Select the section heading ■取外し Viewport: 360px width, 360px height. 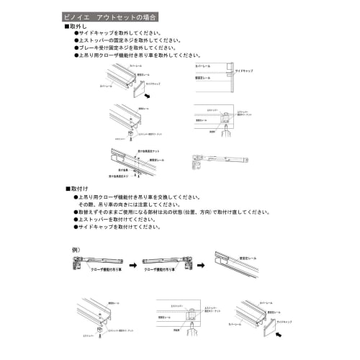click(76, 26)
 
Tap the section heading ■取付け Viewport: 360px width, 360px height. click(76, 188)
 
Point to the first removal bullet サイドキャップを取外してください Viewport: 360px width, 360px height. click(118, 33)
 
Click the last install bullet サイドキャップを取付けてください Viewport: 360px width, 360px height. click(118, 226)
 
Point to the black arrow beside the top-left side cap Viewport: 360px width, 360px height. click(148, 94)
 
